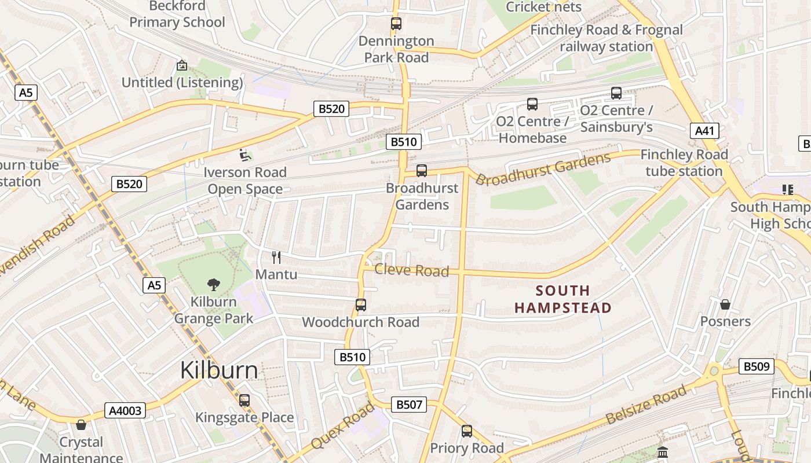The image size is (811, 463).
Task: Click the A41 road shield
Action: (x=704, y=131)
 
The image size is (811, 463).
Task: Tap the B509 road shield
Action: (x=757, y=366)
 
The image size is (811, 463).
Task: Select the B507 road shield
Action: (x=409, y=405)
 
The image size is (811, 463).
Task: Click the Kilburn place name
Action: (x=219, y=370)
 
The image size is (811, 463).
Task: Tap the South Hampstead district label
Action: (x=563, y=299)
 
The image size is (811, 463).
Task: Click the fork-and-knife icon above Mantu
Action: (x=276, y=258)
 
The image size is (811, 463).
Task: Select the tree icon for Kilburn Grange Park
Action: (x=214, y=284)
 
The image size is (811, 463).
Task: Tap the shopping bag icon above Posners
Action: (x=725, y=304)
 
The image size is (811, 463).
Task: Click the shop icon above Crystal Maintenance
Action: (x=81, y=425)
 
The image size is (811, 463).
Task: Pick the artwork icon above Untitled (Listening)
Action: (x=182, y=65)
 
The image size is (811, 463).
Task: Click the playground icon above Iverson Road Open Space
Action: (x=245, y=155)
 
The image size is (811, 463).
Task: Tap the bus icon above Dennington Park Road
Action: (x=396, y=24)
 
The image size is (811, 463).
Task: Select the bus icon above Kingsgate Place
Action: (x=244, y=400)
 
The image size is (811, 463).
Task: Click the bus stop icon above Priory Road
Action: (x=467, y=431)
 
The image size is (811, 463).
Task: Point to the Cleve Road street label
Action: (x=411, y=271)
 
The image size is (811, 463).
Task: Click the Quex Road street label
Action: (x=342, y=425)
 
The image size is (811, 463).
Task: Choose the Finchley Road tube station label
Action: (x=684, y=163)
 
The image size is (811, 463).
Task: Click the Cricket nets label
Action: (x=543, y=7)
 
